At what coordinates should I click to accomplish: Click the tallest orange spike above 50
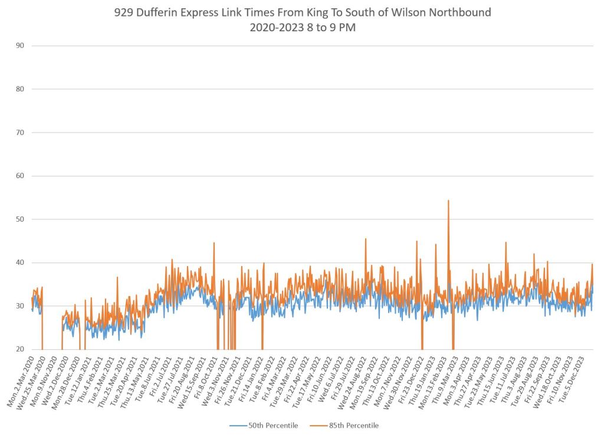(x=448, y=202)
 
